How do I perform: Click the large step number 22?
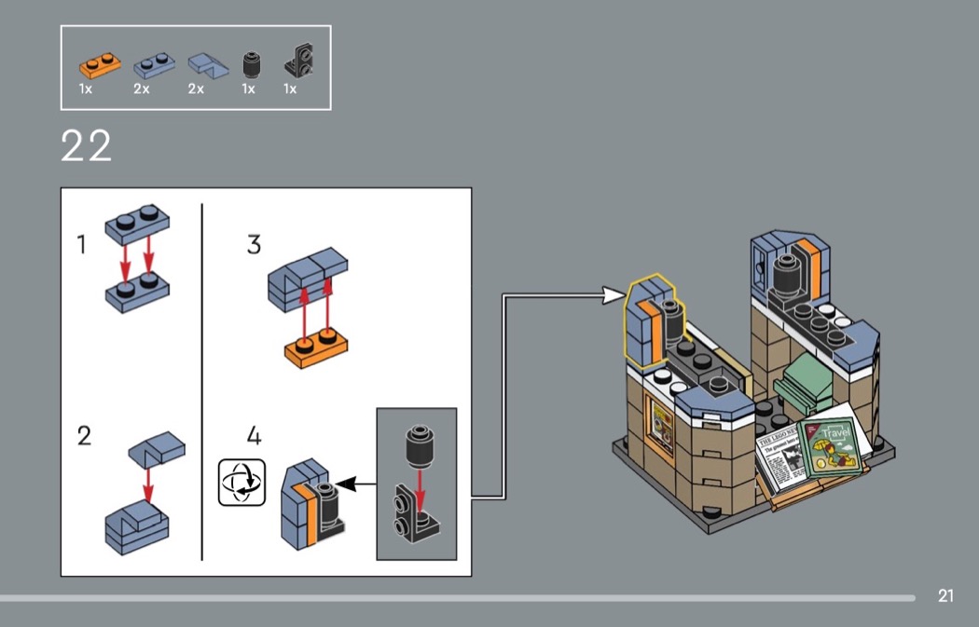tap(86, 147)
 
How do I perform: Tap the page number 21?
tap(945, 596)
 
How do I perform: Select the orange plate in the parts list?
tap(99, 65)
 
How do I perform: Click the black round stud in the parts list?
tap(248, 65)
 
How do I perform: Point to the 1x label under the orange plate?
tap(86, 89)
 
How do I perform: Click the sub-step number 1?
tap(82, 245)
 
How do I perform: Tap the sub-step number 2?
tap(84, 435)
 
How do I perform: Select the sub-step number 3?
tap(254, 245)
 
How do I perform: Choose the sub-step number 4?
tap(255, 435)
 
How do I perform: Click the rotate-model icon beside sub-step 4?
tap(241, 483)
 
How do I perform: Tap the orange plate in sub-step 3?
tap(317, 349)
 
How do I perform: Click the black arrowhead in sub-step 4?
tap(346, 484)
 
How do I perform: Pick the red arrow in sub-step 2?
tap(147, 480)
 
